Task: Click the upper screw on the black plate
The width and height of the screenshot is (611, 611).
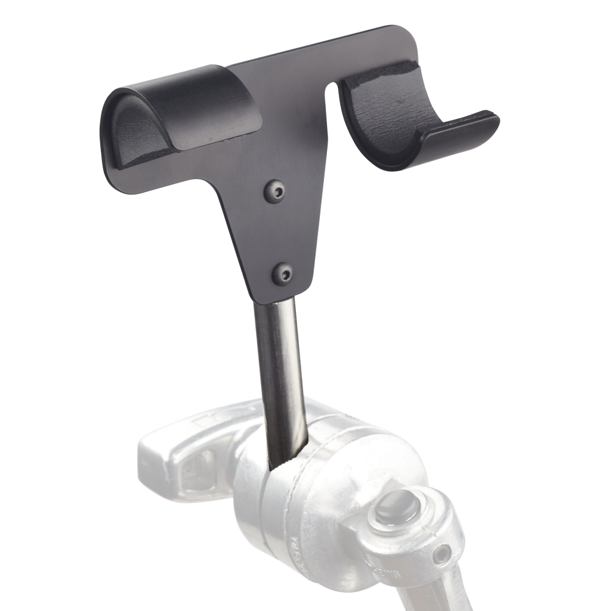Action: pos(275,191)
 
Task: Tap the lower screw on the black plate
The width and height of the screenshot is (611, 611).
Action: pos(283,274)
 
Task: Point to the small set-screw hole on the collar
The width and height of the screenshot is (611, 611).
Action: pos(442,556)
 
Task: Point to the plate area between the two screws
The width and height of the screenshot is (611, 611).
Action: pos(279,233)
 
